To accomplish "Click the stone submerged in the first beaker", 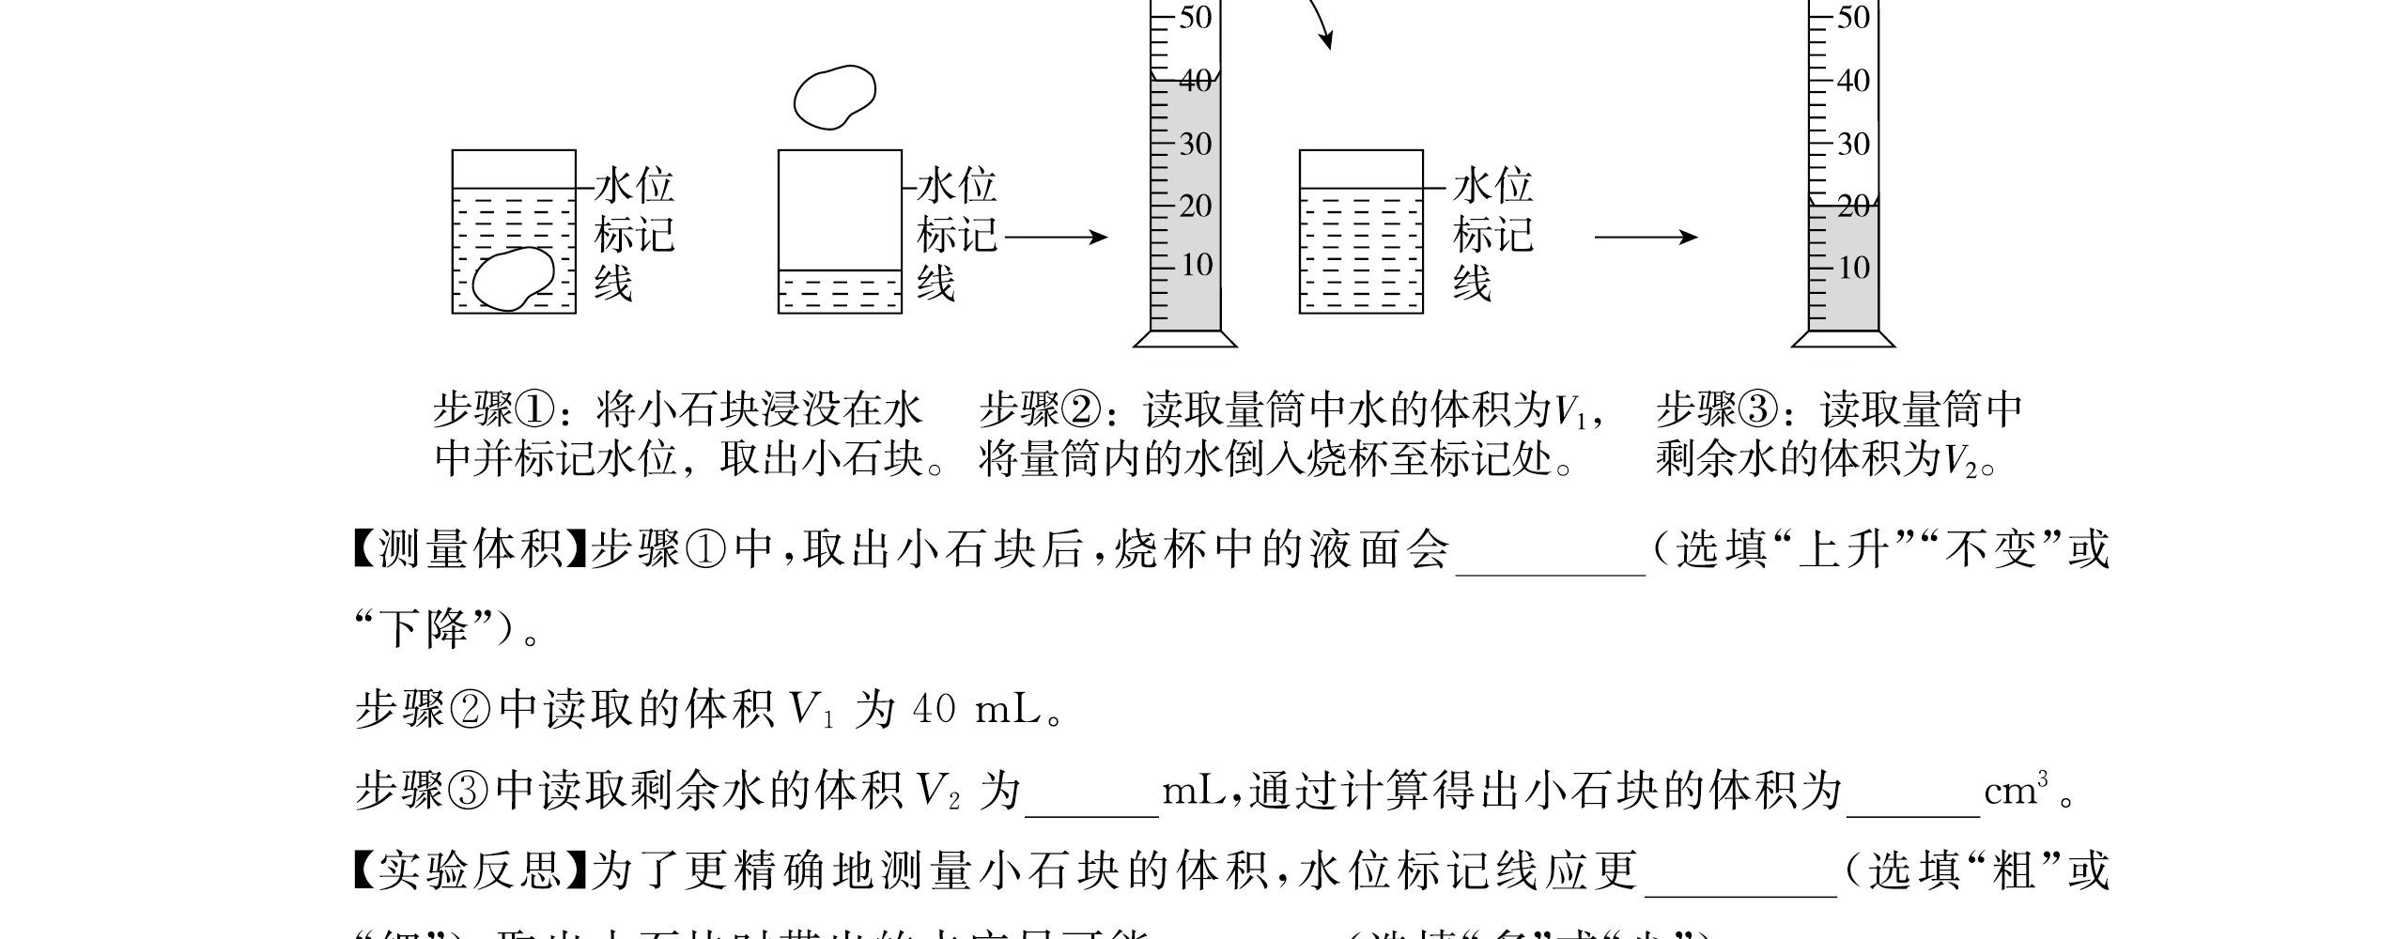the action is point(512,279).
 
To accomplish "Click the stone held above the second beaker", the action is point(834,96).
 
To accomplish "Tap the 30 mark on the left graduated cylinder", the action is point(1195,145).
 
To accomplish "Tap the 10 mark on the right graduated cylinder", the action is point(1852,269).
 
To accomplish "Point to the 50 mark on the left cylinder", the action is point(1195,18).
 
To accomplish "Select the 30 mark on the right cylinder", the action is point(1852,145).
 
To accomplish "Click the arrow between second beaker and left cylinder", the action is point(1056,238).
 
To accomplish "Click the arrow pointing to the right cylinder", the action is point(1646,238).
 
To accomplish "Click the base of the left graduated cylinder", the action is point(1185,339).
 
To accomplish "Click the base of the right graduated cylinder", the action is point(1843,339).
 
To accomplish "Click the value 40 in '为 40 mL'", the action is point(934,711).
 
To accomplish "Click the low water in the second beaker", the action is point(840,292).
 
